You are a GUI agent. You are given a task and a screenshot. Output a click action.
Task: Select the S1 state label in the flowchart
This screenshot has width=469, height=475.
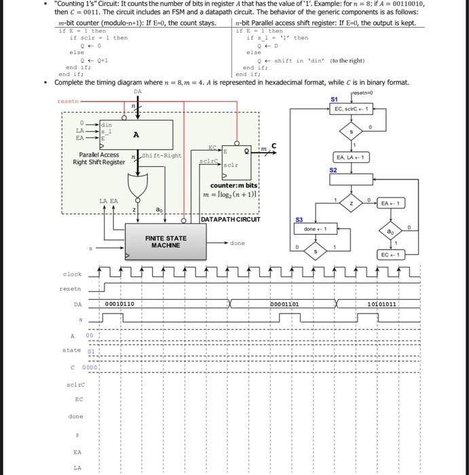click(x=333, y=99)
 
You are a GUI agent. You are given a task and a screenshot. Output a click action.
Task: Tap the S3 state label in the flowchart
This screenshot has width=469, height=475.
click(x=299, y=220)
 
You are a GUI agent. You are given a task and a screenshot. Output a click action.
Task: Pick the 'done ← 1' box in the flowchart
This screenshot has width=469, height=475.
click(x=316, y=229)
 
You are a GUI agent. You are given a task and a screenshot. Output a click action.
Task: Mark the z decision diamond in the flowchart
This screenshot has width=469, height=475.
click(x=350, y=204)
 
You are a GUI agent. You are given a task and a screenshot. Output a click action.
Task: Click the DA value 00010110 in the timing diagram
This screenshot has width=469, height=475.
click(x=119, y=304)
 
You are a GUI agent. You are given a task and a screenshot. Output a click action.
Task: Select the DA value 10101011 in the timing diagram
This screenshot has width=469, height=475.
click(x=381, y=304)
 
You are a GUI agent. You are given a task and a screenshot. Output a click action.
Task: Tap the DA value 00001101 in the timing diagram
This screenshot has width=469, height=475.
click(x=285, y=304)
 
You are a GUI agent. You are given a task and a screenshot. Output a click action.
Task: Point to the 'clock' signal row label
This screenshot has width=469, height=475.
click(x=72, y=274)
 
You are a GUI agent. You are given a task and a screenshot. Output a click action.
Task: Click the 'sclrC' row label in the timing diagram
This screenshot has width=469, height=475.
click(x=75, y=384)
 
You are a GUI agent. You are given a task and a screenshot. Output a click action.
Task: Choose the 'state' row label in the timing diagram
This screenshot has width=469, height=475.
click(x=71, y=350)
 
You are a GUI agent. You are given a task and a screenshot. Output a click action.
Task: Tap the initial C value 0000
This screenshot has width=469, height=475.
click(x=90, y=367)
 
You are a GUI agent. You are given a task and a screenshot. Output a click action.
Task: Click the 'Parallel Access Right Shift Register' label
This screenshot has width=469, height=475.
click(x=99, y=159)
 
